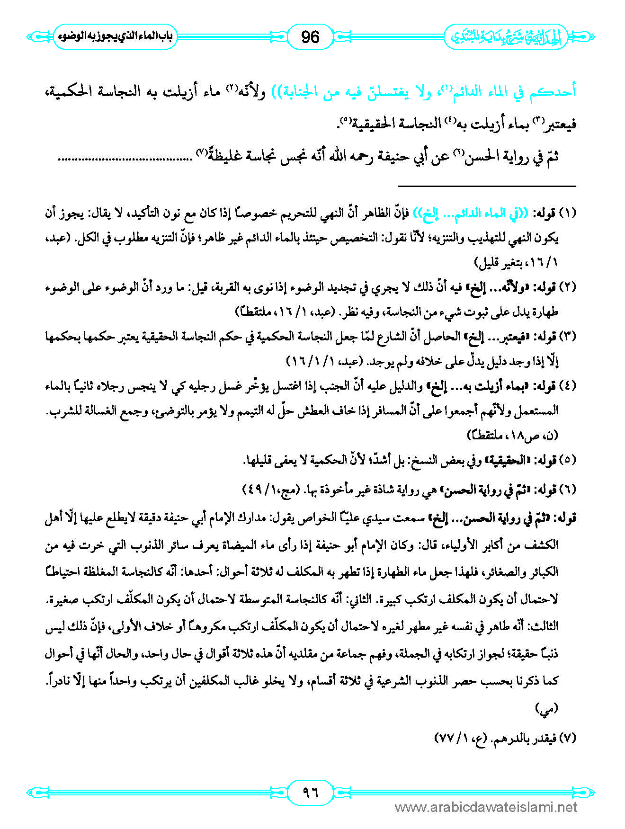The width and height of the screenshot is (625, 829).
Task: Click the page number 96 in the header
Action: click(x=310, y=36)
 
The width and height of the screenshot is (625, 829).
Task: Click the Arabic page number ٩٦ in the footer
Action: click(x=311, y=792)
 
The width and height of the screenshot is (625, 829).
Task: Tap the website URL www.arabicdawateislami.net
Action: click(x=486, y=807)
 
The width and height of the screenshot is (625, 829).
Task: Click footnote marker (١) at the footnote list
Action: click(x=567, y=213)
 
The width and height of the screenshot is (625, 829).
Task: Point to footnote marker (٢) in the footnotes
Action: click(x=567, y=287)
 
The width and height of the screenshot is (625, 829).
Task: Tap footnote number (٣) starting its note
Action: click(x=567, y=337)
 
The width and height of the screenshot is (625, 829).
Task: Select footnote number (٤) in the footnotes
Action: click(x=567, y=386)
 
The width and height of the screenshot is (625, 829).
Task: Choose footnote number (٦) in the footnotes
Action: click(x=567, y=490)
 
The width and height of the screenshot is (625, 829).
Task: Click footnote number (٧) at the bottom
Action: click(x=567, y=738)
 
